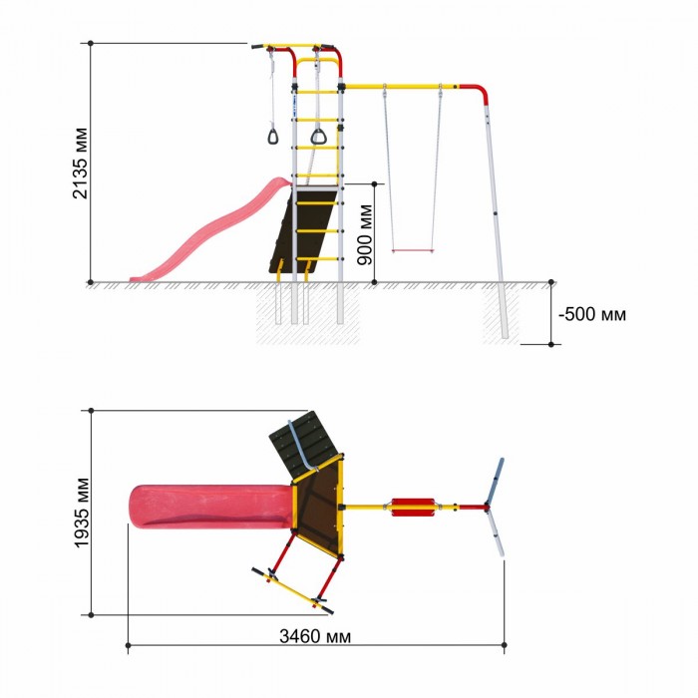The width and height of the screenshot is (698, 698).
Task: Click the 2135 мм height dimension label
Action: coord(81,163)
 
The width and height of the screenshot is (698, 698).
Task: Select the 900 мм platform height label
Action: coord(365,234)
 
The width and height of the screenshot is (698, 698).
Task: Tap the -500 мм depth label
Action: coord(592,314)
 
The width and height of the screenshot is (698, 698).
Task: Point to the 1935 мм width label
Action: coord(82,513)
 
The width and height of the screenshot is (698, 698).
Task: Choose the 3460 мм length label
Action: coord(315,636)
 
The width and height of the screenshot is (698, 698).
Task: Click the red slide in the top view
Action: coord(211,507)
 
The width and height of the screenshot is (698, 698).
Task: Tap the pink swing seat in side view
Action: coord(413,251)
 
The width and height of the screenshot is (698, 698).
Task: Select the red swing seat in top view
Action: coord(413,508)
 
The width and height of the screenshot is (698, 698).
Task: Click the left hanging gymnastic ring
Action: coord(273,136)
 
